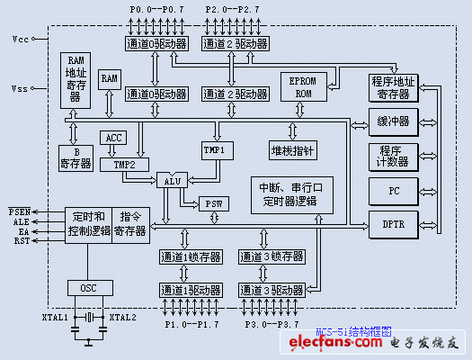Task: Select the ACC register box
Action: tap(114, 138)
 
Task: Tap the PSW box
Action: tap(213, 202)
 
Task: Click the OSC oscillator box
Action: tap(86, 288)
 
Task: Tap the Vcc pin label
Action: tap(21, 40)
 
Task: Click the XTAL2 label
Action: tap(122, 318)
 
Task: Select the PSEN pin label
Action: tap(20, 210)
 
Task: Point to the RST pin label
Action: tap(20, 240)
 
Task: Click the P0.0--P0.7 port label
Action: tap(157, 11)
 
